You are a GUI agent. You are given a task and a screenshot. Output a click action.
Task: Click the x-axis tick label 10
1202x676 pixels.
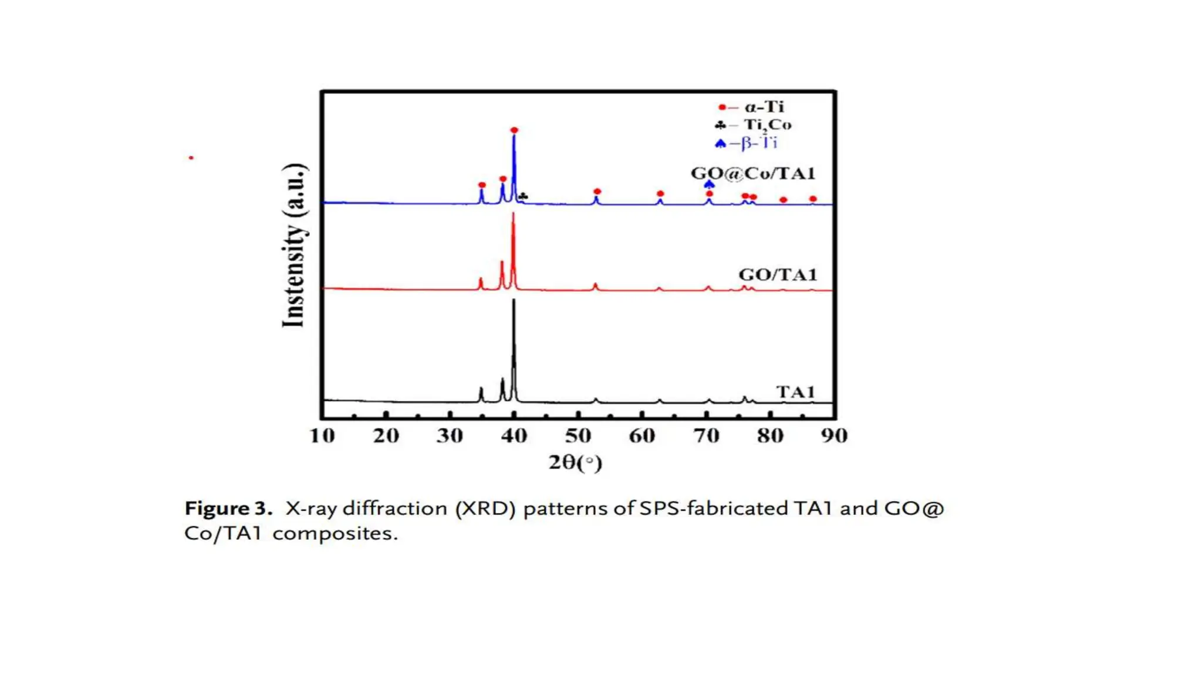322,435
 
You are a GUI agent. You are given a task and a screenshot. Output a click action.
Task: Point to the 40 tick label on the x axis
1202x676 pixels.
514,435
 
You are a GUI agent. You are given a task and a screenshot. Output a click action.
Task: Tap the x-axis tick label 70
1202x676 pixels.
707,435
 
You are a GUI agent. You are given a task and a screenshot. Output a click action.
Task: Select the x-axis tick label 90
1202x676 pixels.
834,435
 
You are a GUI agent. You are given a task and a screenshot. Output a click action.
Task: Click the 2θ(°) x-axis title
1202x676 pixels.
575,462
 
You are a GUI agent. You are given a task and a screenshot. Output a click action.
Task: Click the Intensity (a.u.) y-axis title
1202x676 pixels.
294,245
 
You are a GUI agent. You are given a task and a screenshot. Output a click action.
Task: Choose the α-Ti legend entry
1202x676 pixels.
752,107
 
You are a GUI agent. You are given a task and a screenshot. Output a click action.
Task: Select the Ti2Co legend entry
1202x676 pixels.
754,124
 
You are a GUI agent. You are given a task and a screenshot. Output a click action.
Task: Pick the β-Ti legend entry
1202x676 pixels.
747,143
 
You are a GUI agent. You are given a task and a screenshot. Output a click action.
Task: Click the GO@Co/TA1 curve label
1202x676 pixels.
753,173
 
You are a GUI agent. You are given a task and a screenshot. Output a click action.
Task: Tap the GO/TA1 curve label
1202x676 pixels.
778,275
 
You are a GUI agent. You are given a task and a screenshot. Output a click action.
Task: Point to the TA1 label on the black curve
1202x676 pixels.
795,391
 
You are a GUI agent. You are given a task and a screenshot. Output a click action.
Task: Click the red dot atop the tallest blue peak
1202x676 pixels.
514,130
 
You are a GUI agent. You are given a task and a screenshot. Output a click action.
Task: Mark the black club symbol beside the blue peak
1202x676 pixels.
524,196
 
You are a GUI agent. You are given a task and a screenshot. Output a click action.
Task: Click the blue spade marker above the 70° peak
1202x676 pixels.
709,184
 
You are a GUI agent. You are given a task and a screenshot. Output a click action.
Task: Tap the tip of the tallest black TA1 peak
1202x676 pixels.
514,300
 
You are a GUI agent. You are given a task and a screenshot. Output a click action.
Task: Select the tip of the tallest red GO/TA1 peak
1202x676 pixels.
514,214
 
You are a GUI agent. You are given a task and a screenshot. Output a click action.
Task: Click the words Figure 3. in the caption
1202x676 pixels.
228,508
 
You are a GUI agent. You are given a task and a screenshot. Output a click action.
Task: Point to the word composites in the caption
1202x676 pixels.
335,533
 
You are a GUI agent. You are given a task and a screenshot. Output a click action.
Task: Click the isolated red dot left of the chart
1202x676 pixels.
191,158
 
